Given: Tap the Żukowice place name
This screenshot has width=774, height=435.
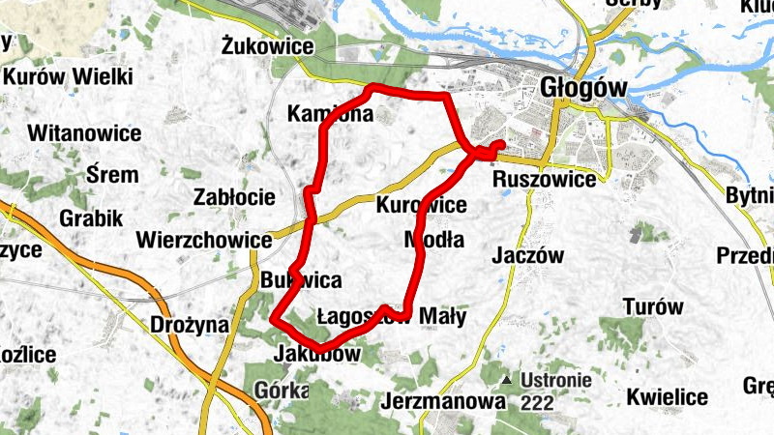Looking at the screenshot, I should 267,45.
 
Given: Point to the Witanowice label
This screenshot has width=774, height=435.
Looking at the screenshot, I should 85,132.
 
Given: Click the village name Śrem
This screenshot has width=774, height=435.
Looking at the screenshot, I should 112,175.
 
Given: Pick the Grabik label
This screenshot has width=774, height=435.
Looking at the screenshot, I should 90,217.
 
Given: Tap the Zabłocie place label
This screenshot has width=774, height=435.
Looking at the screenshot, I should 234,197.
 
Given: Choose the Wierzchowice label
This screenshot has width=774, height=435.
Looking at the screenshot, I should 203,239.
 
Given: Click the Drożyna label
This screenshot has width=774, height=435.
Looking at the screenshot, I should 190,325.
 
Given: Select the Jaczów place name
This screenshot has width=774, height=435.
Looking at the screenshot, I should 527,256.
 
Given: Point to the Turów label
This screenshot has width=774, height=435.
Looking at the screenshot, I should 654,307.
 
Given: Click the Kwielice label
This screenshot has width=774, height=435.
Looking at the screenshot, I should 667,396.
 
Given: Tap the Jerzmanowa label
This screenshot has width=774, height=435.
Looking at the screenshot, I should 444,400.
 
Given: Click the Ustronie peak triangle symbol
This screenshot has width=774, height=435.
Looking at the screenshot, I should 507,379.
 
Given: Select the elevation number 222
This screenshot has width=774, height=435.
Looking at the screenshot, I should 538,400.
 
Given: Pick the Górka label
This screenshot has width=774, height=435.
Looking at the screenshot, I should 283,391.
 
